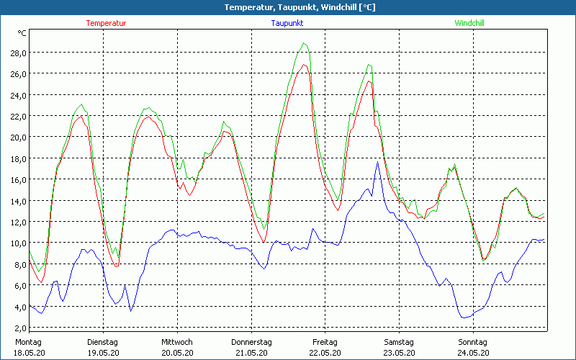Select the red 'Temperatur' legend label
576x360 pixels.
click(x=106, y=23)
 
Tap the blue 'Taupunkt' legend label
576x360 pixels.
click(x=287, y=23)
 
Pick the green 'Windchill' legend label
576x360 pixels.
click(x=469, y=23)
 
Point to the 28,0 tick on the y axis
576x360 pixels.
click(x=17, y=53)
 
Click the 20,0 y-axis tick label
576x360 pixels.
click(x=17, y=137)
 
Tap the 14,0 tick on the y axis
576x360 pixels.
click(x=17, y=201)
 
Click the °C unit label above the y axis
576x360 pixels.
click(x=22, y=33)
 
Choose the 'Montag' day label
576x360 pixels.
click(x=28, y=342)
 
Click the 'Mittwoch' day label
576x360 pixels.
click(x=176, y=342)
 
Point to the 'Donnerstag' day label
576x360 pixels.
click(x=251, y=342)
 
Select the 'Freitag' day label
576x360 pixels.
click(x=325, y=342)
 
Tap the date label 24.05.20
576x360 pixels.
click(x=473, y=353)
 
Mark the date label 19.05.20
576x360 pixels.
click(x=102, y=353)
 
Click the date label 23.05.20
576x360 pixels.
click(x=399, y=353)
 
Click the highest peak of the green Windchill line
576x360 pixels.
click(x=305, y=43)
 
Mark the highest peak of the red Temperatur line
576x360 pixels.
click(x=305, y=65)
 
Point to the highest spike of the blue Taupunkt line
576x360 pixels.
click(x=377, y=162)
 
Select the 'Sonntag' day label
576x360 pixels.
click(x=473, y=342)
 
